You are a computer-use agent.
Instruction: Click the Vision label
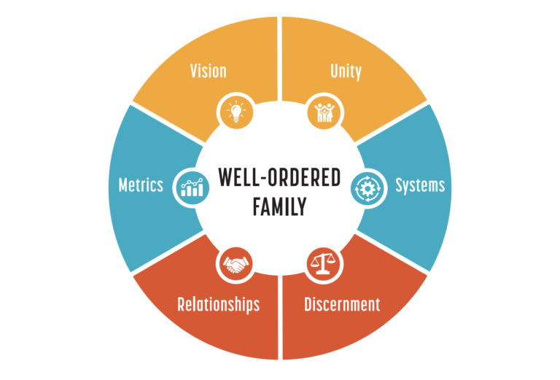pos(208,71)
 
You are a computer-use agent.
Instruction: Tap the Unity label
pos(346,71)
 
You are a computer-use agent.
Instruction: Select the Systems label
pos(419,185)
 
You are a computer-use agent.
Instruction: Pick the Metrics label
pos(141,185)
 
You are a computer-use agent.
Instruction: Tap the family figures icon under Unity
pos(323,112)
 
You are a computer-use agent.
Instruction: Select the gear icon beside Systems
pos(368,187)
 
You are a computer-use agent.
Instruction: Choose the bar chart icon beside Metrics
pos(190,187)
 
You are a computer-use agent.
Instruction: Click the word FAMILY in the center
pos(279,208)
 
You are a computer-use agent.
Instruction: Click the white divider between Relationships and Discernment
pos(280,321)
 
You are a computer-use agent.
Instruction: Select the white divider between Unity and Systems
pos(394,123)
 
